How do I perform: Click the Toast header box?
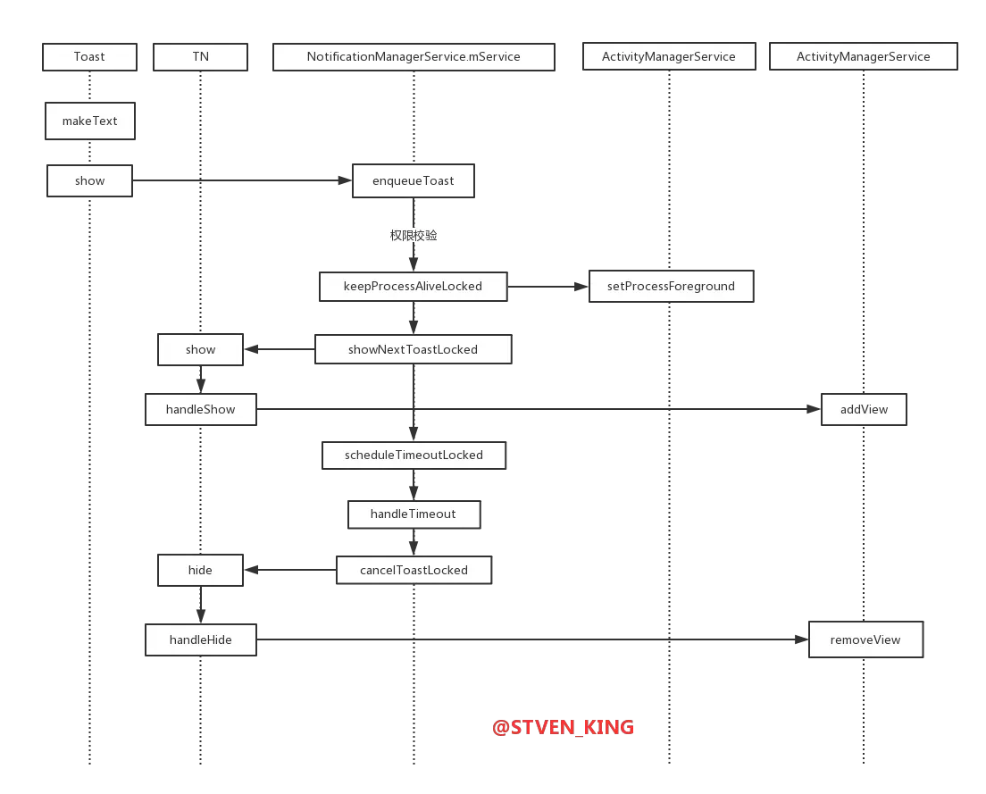pos(89,56)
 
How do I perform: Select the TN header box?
pos(200,56)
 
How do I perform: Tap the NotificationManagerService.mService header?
pos(414,56)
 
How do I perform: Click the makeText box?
pos(89,121)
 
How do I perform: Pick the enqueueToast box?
pos(414,180)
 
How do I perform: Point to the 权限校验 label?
pos(414,235)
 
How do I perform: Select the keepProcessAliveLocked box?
pos(414,287)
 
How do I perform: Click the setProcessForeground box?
pos(671,287)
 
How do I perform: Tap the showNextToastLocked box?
pos(414,349)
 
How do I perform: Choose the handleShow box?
pos(200,410)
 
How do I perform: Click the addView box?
pos(864,410)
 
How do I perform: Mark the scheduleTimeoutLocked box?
pos(414,455)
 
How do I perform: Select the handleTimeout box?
pos(414,514)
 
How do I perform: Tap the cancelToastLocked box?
pos(414,570)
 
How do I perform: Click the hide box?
pos(200,570)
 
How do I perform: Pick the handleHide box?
pos(200,639)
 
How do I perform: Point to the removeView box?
pos(865,639)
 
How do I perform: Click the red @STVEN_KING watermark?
pos(564,727)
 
